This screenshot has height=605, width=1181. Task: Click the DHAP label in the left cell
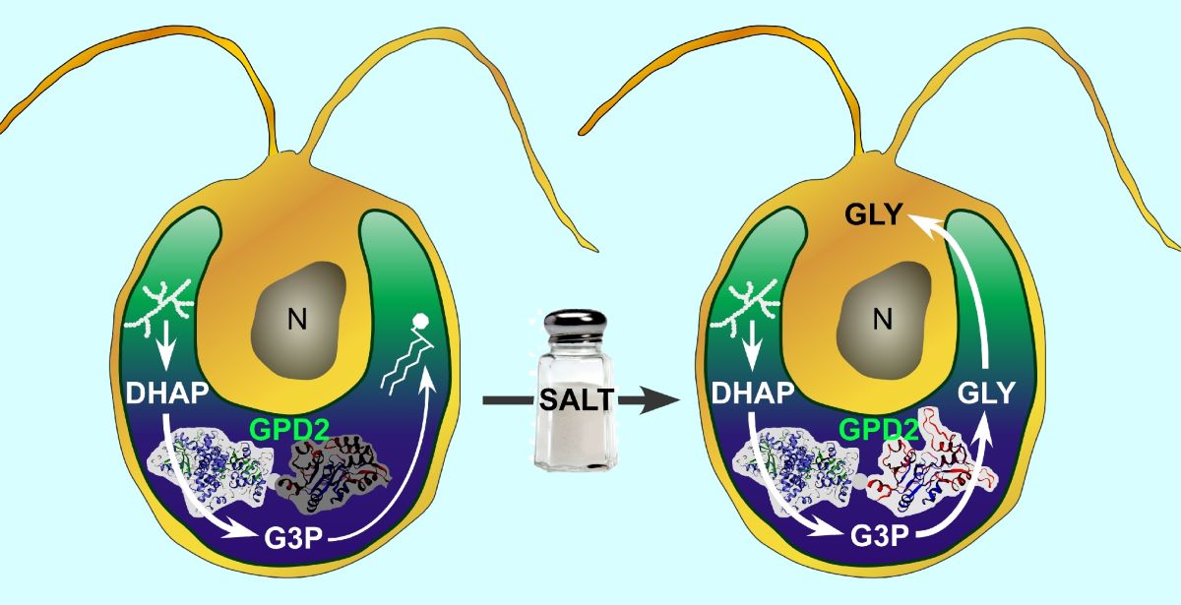(x=168, y=394)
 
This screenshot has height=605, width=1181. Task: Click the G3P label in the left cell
(x=287, y=540)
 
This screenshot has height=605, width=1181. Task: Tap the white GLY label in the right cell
(x=986, y=394)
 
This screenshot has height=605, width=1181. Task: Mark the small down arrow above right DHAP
(x=753, y=347)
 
